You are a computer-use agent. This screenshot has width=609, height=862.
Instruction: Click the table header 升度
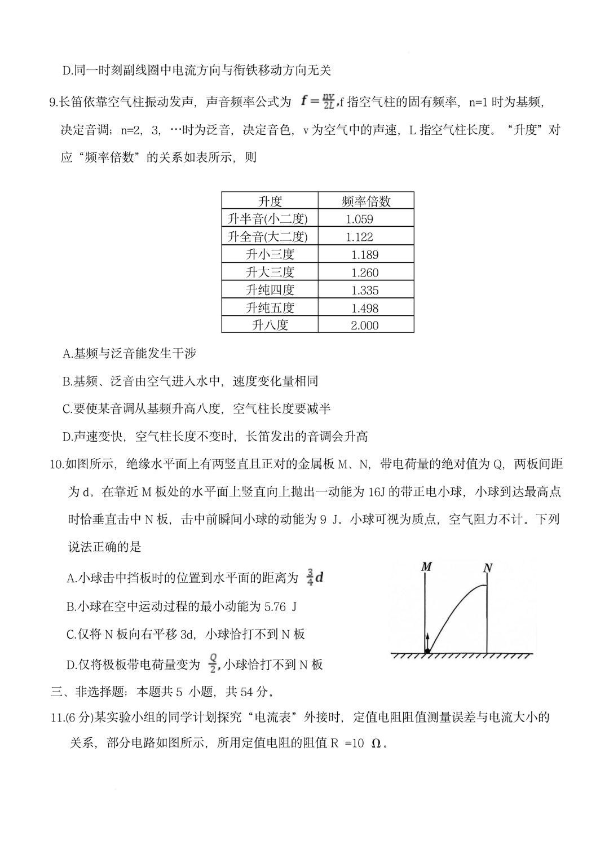point(270,201)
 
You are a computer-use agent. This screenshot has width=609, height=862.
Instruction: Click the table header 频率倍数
point(366,201)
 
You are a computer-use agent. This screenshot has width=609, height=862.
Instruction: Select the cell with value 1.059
point(359,219)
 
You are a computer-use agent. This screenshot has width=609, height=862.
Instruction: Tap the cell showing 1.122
point(359,237)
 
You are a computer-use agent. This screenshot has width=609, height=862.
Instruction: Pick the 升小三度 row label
point(270,254)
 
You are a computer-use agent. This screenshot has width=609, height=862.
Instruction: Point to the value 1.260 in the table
point(364,272)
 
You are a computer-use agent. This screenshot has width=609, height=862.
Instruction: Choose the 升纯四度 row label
point(270,290)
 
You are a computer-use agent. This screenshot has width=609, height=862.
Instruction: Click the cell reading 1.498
point(364,308)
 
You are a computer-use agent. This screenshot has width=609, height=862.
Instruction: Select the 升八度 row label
point(270,325)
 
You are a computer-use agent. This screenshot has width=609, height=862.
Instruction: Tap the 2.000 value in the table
point(364,326)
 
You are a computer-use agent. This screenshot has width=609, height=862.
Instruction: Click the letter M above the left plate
point(426,566)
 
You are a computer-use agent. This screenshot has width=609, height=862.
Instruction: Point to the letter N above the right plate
point(488,568)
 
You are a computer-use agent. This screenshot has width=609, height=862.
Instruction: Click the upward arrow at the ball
point(428,640)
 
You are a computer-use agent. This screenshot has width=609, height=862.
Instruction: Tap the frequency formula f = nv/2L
point(318,101)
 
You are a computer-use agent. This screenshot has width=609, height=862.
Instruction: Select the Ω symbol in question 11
point(376,743)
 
